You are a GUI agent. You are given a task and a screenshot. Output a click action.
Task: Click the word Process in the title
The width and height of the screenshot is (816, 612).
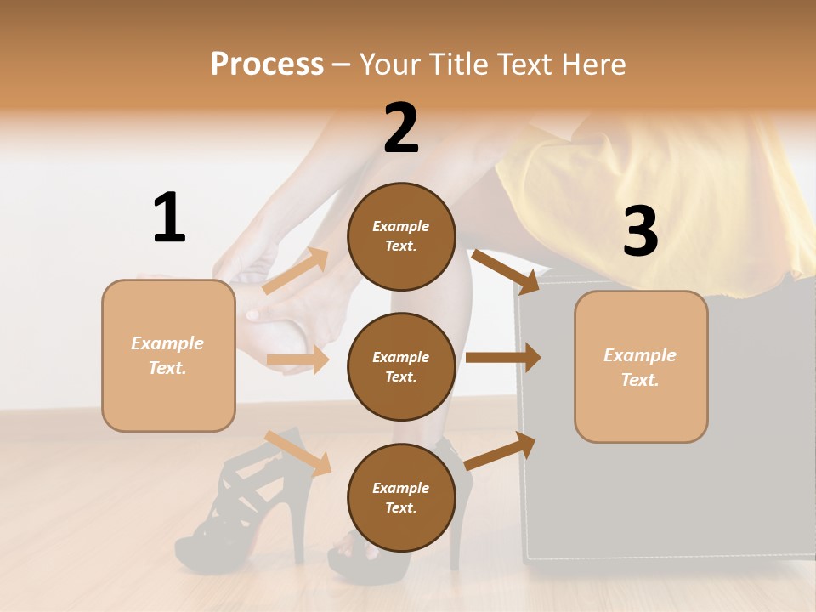[267, 65]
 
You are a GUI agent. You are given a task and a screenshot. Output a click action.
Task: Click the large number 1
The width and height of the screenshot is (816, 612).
[169, 218]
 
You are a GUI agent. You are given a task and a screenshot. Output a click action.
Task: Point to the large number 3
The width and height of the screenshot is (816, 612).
[640, 232]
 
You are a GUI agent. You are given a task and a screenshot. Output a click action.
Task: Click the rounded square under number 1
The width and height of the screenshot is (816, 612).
[168, 355]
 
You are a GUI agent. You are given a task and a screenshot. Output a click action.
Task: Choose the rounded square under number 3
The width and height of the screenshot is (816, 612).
[641, 367]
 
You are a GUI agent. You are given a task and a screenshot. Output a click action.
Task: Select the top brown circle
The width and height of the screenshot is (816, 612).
[401, 236]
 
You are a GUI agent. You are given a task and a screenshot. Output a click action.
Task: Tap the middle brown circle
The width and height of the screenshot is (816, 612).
[401, 367]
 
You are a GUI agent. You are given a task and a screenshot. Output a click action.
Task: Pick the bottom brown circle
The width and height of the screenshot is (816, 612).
[401, 498]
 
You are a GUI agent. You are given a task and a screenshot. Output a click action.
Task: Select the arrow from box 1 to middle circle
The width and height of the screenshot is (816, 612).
[298, 360]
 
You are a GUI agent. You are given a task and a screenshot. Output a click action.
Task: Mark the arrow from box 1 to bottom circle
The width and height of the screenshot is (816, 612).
[297, 452]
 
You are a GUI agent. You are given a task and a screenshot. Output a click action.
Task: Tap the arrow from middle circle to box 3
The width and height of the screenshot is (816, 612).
[502, 357]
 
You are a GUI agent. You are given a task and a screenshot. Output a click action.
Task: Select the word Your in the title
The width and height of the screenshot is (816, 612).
[389, 65]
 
